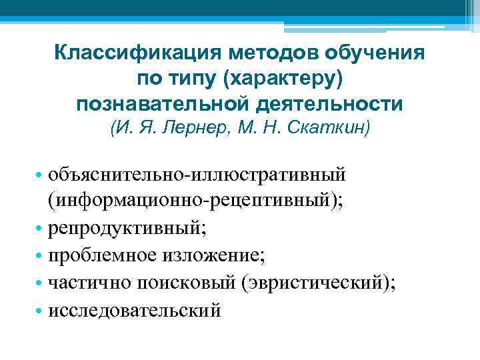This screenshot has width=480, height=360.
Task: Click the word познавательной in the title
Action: pos(164,105)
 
